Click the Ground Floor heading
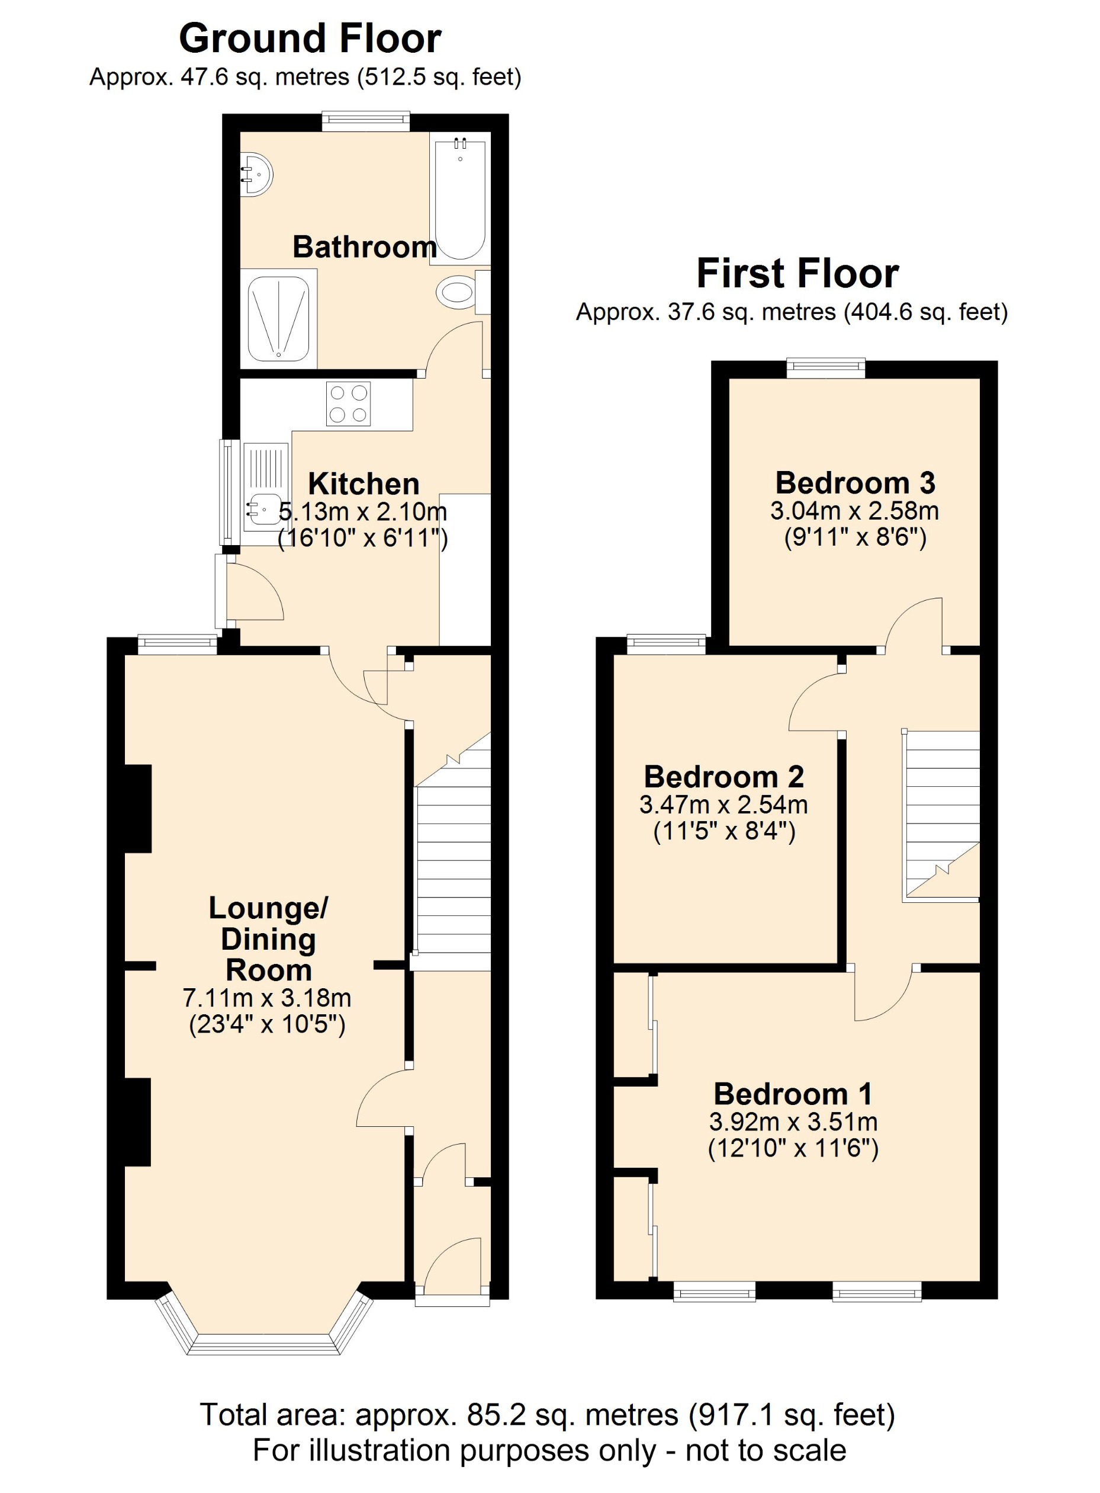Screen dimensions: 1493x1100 point(310,39)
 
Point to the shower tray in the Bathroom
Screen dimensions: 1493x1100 point(278,319)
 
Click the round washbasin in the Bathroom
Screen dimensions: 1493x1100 point(255,175)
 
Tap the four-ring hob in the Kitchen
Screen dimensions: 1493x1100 point(348,403)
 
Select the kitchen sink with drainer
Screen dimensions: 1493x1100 point(265,493)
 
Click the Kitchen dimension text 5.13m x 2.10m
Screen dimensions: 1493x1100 point(363,512)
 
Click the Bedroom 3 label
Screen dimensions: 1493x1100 point(855,482)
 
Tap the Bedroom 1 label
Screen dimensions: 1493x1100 point(792,1094)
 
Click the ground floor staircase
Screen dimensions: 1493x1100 point(453,866)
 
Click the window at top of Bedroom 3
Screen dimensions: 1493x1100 point(825,368)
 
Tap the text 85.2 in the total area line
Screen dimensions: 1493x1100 point(493,1414)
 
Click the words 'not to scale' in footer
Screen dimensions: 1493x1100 point(765,1450)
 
